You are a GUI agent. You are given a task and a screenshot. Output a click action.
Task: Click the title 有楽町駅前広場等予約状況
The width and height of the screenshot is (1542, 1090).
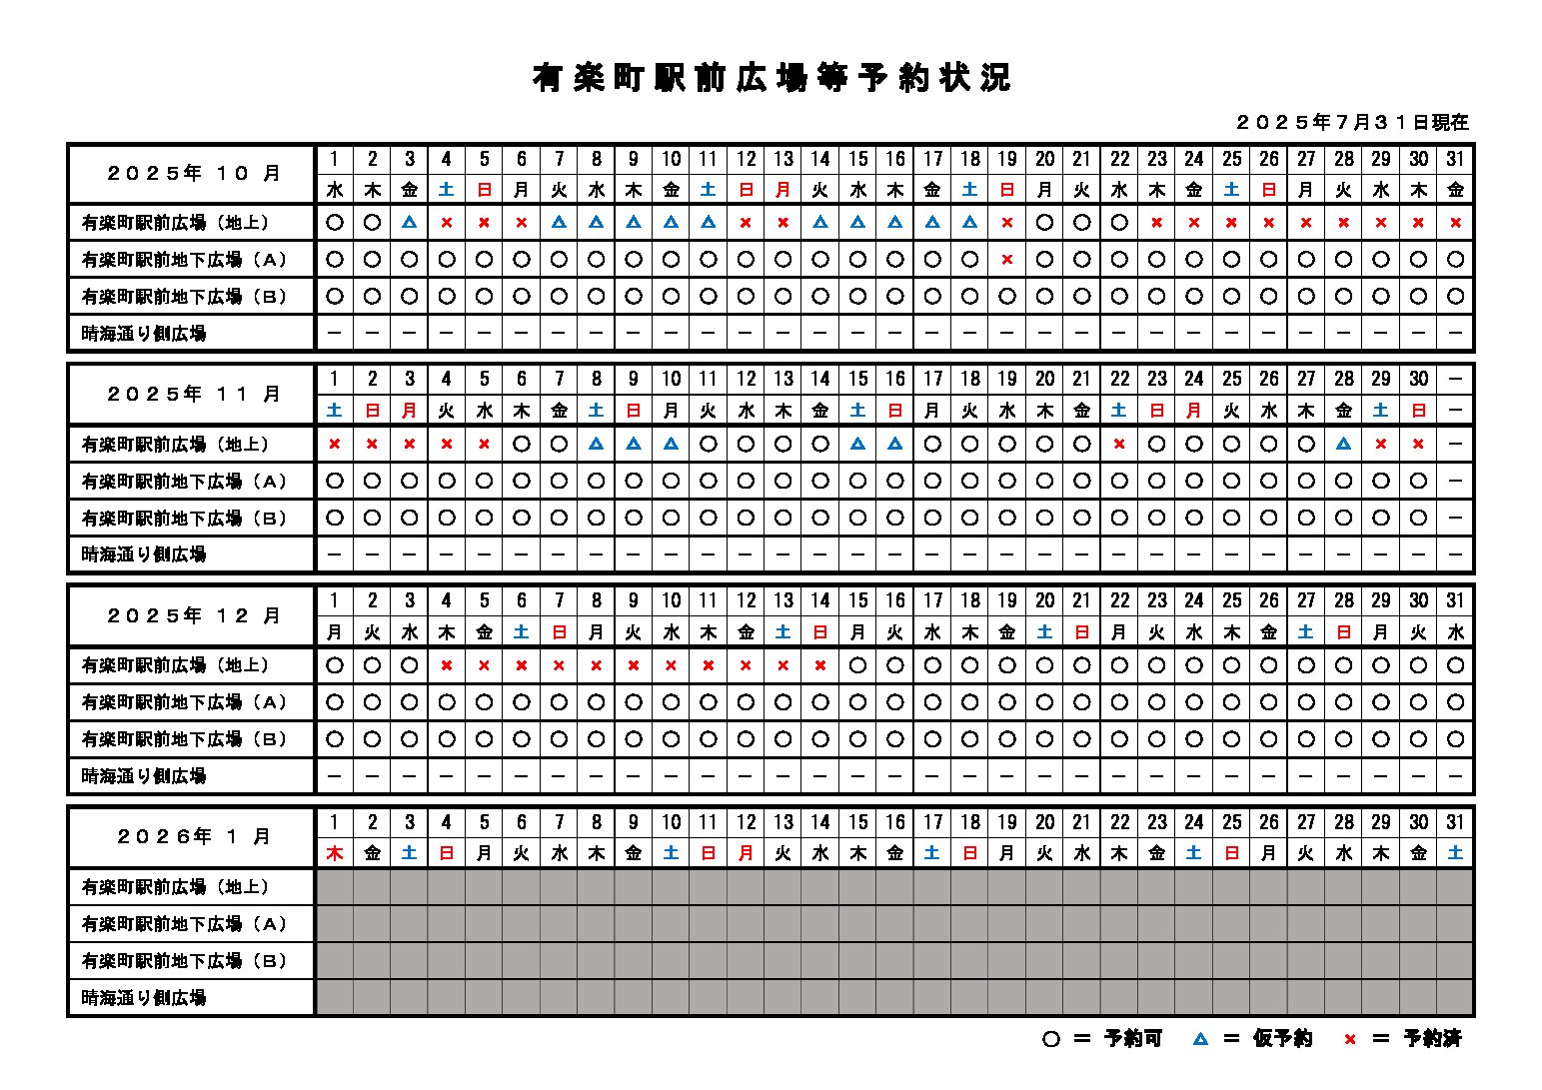pyautogui.click(x=771, y=78)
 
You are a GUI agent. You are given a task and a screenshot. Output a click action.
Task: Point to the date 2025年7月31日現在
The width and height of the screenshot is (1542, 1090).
pyautogui.click(x=1352, y=123)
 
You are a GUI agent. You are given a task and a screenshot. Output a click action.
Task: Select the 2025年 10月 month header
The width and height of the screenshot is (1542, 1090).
pyautogui.click(x=193, y=174)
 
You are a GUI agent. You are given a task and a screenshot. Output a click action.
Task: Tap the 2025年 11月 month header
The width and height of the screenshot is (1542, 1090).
pyautogui.click(x=193, y=395)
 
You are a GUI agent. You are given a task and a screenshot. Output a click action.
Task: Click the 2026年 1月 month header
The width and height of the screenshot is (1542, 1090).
pyautogui.click(x=193, y=837)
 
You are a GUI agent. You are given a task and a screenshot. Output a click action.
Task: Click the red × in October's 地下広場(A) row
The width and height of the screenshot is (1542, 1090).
pyautogui.click(x=1007, y=260)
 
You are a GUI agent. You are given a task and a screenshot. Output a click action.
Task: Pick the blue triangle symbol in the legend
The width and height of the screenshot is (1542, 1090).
pyautogui.click(x=1200, y=1039)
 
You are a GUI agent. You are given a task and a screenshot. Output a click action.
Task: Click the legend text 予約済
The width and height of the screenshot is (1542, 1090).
pyautogui.click(x=1432, y=1039)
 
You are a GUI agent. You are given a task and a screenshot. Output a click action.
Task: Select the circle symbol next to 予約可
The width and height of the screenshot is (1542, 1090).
pyautogui.click(x=1050, y=1039)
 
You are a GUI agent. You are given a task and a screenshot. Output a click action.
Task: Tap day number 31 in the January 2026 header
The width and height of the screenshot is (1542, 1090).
pyautogui.click(x=1455, y=822)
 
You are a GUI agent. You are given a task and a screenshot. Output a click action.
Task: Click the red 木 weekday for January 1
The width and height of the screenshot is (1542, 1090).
pyautogui.click(x=335, y=853)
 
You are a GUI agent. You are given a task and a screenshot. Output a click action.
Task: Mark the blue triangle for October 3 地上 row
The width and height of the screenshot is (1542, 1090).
pyautogui.click(x=410, y=223)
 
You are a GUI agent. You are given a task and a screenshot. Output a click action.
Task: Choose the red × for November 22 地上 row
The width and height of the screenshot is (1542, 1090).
pyautogui.click(x=1119, y=445)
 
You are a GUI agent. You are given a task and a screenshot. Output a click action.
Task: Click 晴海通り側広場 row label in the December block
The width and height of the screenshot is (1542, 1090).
pyautogui.click(x=144, y=776)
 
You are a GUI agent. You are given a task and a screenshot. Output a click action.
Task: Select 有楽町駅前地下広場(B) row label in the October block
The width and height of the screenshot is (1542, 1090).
pyautogui.click(x=184, y=297)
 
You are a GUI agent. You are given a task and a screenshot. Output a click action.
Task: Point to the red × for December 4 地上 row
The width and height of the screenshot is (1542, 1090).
pyautogui.click(x=447, y=665)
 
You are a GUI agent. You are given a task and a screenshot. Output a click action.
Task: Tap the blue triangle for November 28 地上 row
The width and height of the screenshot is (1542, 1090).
pyautogui.click(x=1344, y=445)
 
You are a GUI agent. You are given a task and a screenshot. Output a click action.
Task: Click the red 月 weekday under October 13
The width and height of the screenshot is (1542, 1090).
pyautogui.click(x=783, y=189)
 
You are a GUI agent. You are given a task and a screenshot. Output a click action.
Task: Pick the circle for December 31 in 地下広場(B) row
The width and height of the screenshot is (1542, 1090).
pyautogui.click(x=1455, y=739)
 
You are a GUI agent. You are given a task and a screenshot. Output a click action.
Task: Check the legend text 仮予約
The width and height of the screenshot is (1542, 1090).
pyautogui.click(x=1282, y=1039)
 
